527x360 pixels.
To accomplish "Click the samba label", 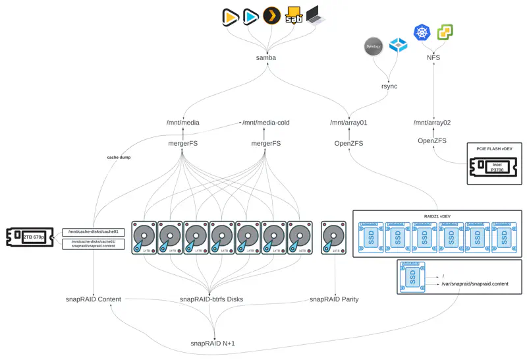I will click(265, 58).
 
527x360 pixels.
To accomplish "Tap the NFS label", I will click(433, 58).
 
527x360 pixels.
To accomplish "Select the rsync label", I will click(389, 86).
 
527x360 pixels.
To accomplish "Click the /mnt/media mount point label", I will click(183, 123).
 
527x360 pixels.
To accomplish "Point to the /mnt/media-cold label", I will click(266, 123).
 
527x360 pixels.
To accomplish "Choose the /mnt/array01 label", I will click(348, 123).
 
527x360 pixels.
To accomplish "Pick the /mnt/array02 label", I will click(432, 123).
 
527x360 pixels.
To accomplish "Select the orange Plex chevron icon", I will click(271, 15).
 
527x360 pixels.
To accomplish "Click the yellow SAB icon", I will click(293, 15).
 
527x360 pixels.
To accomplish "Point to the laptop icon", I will click(315, 15).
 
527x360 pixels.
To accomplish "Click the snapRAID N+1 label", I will click(213, 344).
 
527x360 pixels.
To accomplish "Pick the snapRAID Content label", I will click(93, 299).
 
